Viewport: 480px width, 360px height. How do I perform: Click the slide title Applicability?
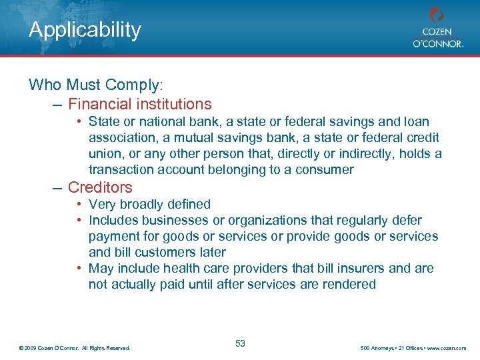pyautogui.click(x=85, y=30)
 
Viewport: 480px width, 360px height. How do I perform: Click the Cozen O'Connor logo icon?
pyautogui.click(x=437, y=15)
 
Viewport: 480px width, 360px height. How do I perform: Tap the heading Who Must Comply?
pyautogui.click(x=96, y=85)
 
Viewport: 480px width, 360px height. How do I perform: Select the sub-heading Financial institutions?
pyautogui.click(x=140, y=104)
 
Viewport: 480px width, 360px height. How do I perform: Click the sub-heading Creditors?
pyautogui.click(x=100, y=187)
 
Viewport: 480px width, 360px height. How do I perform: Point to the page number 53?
pyautogui.click(x=241, y=343)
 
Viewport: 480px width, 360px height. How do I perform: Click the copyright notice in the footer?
pyautogui.click(x=75, y=348)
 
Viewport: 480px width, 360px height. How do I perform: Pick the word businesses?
pyautogui.click(x=169, y=221)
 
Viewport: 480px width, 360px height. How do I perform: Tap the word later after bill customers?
pyautogui.click(x=211, y=253)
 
